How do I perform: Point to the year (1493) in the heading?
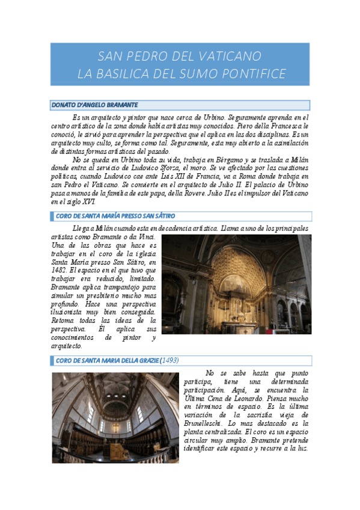(x=169, y=360)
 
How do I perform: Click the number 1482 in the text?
(x=61, y=271)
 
